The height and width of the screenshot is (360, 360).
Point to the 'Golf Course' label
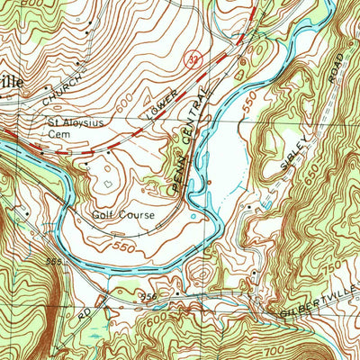(x=123, y=216)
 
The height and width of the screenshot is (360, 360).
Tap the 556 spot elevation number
(x=148, y=296)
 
